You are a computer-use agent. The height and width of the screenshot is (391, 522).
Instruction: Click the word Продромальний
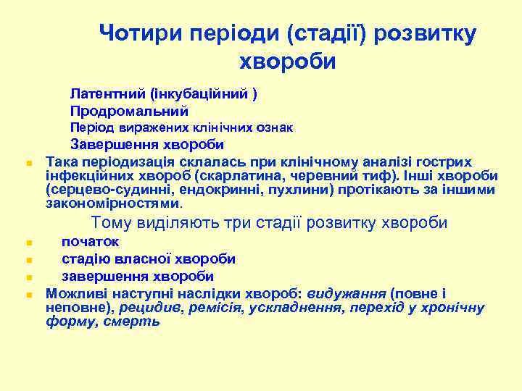[129, 112]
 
